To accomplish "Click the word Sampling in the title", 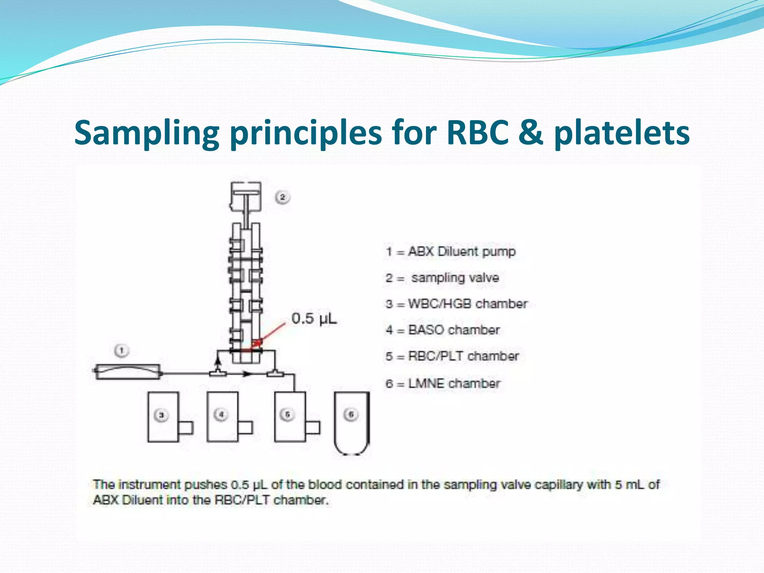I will click(x=147, y=134).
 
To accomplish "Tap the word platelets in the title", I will click(x=621, y=134).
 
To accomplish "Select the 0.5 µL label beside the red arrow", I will click(x=314, y=319).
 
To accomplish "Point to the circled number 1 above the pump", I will click(x=121, y=351).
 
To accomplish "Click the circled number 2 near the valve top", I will click(x=282, y=197).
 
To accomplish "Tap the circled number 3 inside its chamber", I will click(x=161, y=415).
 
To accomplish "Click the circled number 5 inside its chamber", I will click(x=287, y=414).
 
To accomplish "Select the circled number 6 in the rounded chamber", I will click(x=351, y=414).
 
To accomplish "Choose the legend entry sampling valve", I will click(x=443, y=278).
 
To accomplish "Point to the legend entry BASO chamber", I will click(x=443, y=330).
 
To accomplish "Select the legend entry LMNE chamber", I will click(x=443, y=383).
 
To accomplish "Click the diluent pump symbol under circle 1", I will click(x=128, y=372).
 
